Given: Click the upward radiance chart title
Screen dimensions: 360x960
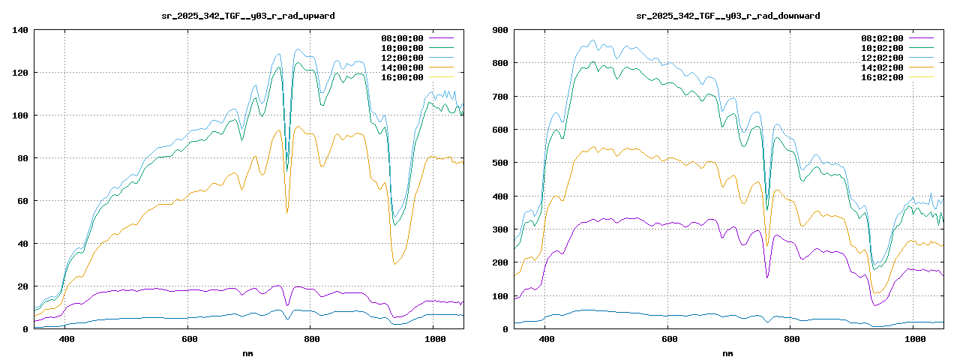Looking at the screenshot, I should [x=248, y=15].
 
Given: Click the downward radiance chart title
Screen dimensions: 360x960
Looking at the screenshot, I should [x=728, y=15].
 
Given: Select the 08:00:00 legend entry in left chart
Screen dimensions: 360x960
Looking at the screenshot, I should [x=402, y=38].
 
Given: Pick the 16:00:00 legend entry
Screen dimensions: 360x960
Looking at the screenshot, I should [x=402, y=77].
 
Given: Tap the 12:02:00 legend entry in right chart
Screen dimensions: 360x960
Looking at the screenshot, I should [x=882, y=58].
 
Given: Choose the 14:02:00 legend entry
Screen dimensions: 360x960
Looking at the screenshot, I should [x=882, y=67].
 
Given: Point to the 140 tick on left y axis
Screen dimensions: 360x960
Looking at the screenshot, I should [x=20, y=30].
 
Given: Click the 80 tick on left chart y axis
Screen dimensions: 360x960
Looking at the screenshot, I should [x=22, y=158].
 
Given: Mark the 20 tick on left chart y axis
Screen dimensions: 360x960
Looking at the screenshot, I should [x=22, y=286].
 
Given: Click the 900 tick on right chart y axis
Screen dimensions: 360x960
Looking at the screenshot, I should [x=500, y=30].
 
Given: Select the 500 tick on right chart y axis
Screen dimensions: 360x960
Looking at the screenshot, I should [x=500, y=163].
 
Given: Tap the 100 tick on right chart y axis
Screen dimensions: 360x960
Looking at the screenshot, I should [x=500, y=295].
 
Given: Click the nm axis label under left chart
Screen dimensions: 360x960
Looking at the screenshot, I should [x=248, y=352].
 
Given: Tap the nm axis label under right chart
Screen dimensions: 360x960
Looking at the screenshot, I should [x=728, y=352].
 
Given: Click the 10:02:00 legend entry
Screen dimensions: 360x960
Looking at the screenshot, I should [x=882, y=48].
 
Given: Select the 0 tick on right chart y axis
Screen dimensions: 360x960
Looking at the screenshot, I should [x=505, y=329].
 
